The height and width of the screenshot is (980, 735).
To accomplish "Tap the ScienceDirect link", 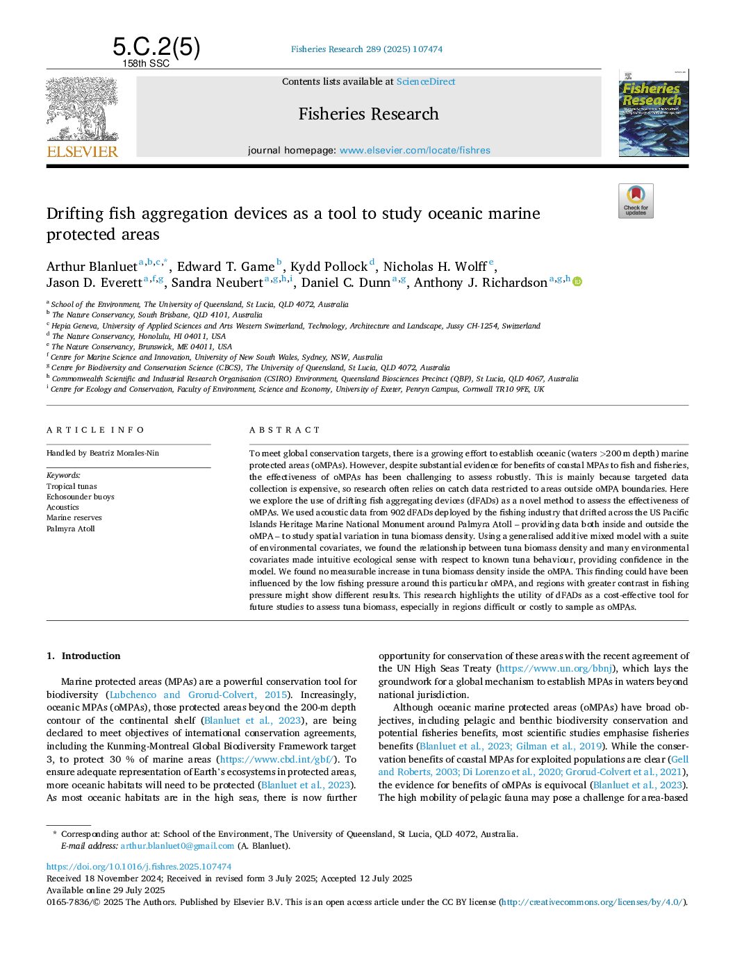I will pyautogui.click(x=426, y=82).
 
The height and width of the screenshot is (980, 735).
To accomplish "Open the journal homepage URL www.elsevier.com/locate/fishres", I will pyautogui.click(x=415, y=150).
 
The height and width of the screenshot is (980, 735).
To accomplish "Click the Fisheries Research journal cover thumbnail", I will pyautogui.click(x=653, y=113).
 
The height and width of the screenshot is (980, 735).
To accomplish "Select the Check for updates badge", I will pyautogui.click(x=636, y=201).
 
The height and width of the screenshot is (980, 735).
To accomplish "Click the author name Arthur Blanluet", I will pyautogui.click(x=92, y=267).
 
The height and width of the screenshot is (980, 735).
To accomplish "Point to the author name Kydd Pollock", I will pyautogui.click(x=329, y=267).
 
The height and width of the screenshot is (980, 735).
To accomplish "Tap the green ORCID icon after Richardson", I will pyautogui.click(x=577, y=282).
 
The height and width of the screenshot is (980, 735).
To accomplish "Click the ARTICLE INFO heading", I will pyautogui.click(x=95, y=431).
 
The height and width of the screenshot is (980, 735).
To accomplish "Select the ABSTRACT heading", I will pyautogui.click(x=285, y=431).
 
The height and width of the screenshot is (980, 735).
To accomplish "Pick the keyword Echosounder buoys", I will pyautogui.click(x=80, y=497).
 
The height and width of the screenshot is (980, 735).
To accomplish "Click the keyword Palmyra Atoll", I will pyautogui.click(x=70, y=529).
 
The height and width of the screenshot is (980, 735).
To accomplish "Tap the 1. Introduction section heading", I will pyautogui.click(x=83, y=656).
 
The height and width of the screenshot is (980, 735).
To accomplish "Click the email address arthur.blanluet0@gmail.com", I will pyautogui.click(x=177, y=846).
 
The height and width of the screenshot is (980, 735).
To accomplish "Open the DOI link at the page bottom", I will pyautogui.click(x=139, y=867).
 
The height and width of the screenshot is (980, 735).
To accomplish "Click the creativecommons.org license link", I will pyautogui.click(x=592, y=902).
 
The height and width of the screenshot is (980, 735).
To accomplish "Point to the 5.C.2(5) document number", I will pyautogui.click(x=156, y=47).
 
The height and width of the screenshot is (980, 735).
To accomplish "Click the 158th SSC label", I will pyautogui.click(x=146, y=64).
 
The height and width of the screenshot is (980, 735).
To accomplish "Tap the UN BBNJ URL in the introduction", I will pyautogui.click(x=556, y=669).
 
